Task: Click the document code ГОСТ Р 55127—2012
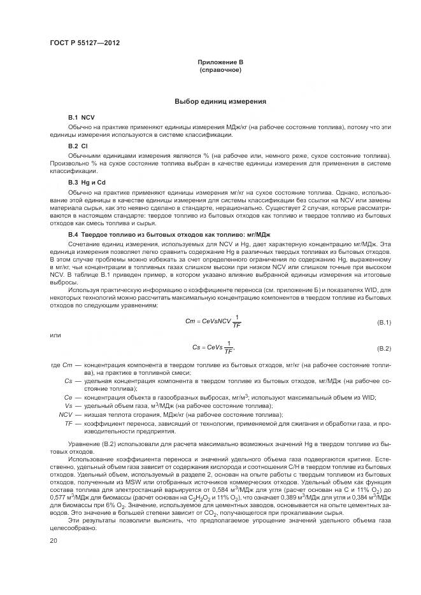click(x=84, y=43)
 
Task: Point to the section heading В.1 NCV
click(x=81, y=118)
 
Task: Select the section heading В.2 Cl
click(x=78, y=146)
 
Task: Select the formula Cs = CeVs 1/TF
click(x=213, y=347)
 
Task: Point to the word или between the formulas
click(x=55, y=335)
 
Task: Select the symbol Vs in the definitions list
click(x=69, y=405)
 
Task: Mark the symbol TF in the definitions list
click(x=69, y=423)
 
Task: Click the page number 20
click(x=54, y=540)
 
